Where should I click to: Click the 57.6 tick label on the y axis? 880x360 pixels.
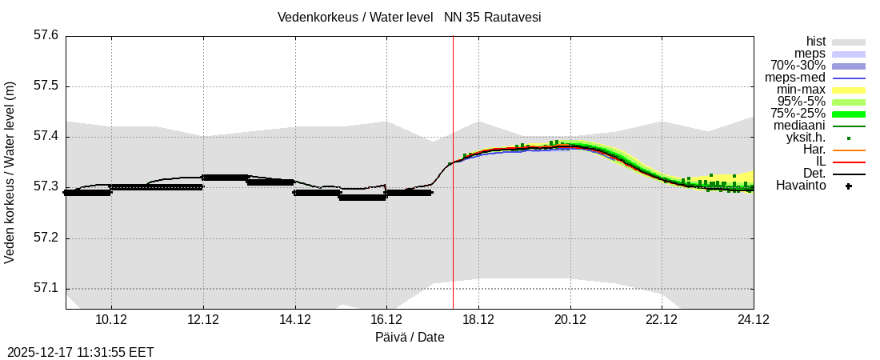coord(46,35)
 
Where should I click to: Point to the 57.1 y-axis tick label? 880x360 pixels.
coord(46,289)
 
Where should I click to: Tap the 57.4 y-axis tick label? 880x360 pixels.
coord(46,137)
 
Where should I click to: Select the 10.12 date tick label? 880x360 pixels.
coord(111,320)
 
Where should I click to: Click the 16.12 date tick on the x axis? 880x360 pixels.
coord(386,320)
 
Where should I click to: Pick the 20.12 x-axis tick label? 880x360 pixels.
coord(570,320)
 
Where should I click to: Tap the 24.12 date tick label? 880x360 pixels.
coord(754,320)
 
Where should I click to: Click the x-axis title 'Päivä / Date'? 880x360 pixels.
coord(410,337)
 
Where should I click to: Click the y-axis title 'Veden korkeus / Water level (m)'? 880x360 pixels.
coord(10,172)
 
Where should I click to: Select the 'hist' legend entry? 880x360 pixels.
coord(815,41)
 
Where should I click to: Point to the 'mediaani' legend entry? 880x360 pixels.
coord(799,126)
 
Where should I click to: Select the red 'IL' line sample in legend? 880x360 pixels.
coord(848,162)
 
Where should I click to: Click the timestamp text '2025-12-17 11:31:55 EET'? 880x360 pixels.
coord(81,352)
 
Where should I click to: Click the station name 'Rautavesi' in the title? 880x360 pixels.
coord(514,17)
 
